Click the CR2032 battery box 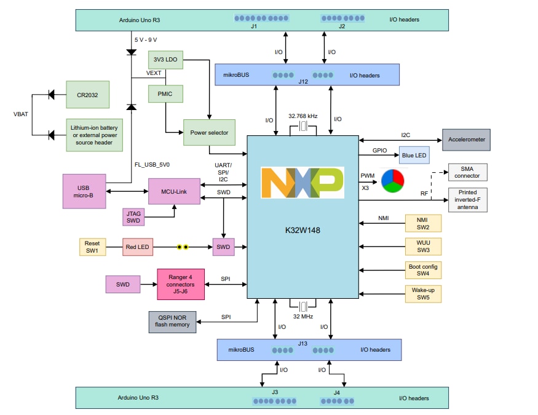click(88, 95)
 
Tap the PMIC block click(165, 94)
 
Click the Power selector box click(209, 132)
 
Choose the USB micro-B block click(84, 191)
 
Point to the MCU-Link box click(174, 191)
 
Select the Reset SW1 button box click(92, 247)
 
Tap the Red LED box click(138, 247)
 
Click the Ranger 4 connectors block click(181, 284)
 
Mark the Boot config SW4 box click(422, 269)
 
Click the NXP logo click(302, 183)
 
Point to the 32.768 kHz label click(303, 115)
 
